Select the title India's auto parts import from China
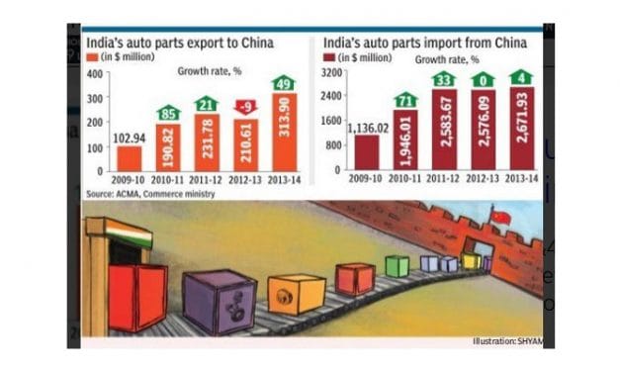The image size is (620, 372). click(423, 44)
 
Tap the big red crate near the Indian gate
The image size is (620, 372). click(137, 297)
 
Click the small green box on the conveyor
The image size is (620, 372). click(397, 265)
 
